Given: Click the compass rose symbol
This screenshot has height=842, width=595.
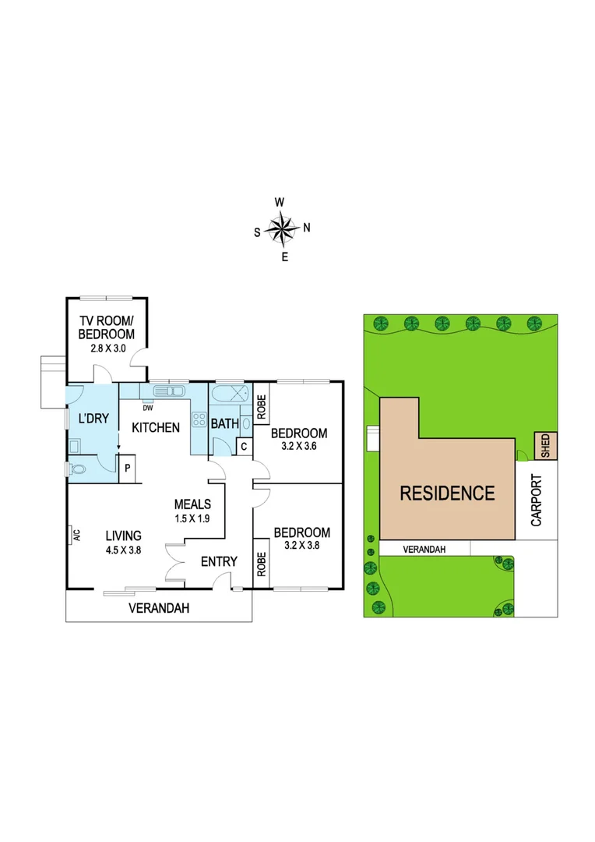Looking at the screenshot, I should point(283,228).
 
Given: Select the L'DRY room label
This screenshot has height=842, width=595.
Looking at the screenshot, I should point(93,418).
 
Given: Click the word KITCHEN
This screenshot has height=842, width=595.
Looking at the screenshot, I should point(156,427).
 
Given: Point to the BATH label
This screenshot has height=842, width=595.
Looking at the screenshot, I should point(224,424).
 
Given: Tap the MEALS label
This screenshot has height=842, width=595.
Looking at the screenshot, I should point(192,504).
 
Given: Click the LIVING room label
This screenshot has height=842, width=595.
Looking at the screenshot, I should point(124,535).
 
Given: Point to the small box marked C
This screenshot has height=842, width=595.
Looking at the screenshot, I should point(244,447).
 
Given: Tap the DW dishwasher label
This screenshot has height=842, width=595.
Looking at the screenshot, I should point(147,406).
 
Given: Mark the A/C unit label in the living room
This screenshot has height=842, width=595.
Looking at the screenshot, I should point(76,535).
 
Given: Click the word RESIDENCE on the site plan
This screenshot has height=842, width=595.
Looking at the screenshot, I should point(447,493).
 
